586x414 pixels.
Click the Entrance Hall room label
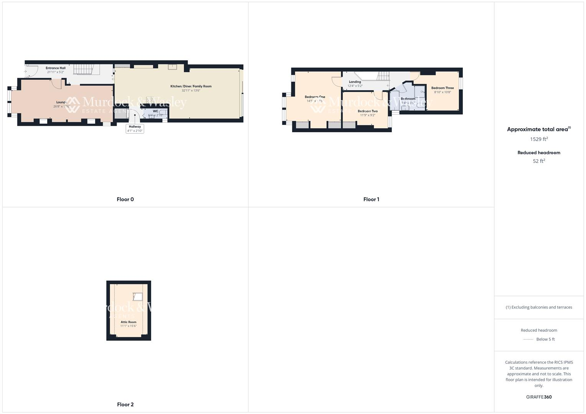[x=55, y=68]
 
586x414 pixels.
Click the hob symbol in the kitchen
[x=150, y=100]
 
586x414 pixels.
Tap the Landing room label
[x=355, y=82]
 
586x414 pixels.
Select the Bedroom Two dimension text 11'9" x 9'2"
[x=367, y=115]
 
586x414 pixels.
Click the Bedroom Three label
[x=442, y=88]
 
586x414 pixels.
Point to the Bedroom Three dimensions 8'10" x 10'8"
[x=442, y=92]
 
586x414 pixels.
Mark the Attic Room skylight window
[x=137, y=296]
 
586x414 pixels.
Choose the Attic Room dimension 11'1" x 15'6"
[x=128, y=326]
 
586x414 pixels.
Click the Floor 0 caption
[x=125, y=199]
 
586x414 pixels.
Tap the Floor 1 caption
[x=371, y=199]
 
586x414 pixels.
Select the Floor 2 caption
[x=125, y=404]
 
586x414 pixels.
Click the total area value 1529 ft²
[x=538, y=139]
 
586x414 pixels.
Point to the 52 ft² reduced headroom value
[x=538, y=161]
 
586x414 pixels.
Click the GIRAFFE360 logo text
[x=538, y=397]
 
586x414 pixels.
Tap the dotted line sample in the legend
[x=528, y=339]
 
